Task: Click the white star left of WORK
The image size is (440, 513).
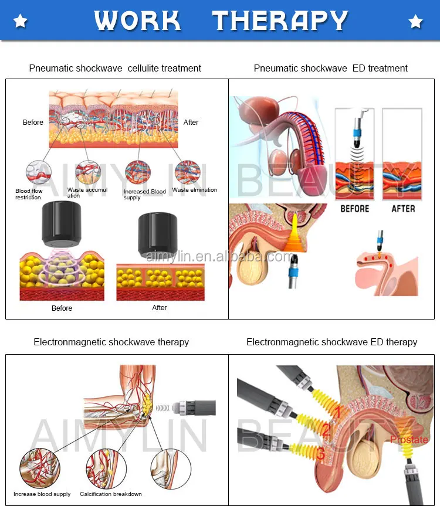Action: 21,22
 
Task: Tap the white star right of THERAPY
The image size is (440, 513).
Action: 415,22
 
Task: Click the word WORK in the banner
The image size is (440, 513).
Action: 138,21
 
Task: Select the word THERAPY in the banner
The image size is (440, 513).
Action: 280,21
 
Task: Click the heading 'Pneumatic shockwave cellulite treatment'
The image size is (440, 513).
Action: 115,69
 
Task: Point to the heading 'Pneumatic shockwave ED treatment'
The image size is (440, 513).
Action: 330,69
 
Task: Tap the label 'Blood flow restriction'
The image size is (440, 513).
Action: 29,194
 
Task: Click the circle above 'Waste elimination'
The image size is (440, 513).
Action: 188,171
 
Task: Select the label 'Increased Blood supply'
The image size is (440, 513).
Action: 145,195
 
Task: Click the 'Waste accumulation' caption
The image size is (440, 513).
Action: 87,192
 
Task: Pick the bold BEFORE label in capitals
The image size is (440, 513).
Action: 354,209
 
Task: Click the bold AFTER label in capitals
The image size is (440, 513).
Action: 402,209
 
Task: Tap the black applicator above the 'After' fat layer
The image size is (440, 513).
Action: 157,235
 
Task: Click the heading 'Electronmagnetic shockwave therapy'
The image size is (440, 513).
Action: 111,342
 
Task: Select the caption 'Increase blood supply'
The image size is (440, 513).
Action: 42,494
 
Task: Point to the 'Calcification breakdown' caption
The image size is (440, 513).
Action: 111,494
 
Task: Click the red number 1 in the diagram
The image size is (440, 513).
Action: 337,413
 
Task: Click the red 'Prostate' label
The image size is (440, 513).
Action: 409,440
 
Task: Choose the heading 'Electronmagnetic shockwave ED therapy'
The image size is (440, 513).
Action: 331,342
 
